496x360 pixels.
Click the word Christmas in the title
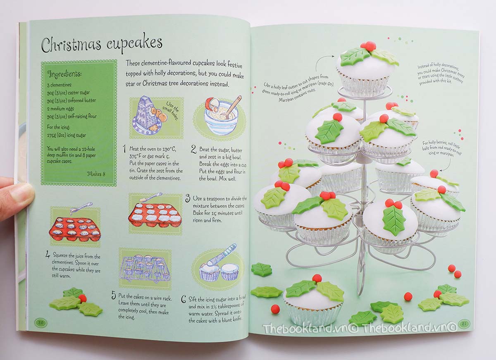[x=71, y=45]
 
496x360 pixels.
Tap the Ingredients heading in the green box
[x=64, y=74]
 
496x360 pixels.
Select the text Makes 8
[x=96, y=174]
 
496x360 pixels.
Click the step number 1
[x=124, y=149]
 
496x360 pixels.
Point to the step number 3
[x=188, y=198]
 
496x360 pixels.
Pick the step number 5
[x=114, y=296]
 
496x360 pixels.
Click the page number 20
[x=41, y=322]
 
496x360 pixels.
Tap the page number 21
[x=464, y=324]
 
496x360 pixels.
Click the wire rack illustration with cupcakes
[x=145, y=269]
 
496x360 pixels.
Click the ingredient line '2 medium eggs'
[x=60, y=109]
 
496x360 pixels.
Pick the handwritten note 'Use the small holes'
[x=172, y=110]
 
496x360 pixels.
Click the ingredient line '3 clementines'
[x=59, y=85]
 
